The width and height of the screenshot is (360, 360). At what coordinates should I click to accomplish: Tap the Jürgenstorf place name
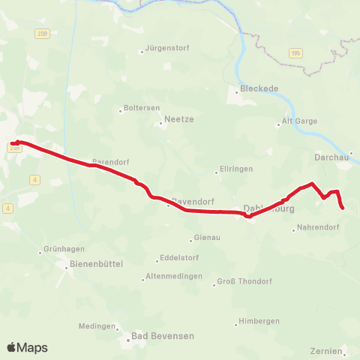(168, 48)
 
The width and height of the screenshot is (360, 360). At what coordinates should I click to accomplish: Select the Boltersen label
(142, 108)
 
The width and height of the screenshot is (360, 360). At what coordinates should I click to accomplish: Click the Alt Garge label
(299, 121)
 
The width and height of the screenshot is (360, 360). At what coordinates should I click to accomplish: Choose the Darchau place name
(331, 157)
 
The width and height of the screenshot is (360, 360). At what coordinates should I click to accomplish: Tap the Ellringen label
(235, 169)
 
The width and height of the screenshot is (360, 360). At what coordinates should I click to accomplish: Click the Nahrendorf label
(319, 227)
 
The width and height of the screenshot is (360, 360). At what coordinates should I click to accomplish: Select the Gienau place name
(207, 238)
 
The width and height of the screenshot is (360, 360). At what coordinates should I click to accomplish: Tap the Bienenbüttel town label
(95, 264)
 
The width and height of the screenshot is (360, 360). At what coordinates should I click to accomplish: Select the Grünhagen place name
(64, 250)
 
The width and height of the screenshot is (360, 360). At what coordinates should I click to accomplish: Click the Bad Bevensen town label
(163, 336)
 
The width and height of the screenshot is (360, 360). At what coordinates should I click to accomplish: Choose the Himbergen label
(259, 321)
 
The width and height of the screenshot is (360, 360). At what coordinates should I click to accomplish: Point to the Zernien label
(326, 350)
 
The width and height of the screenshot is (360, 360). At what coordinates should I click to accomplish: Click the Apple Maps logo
(28, 347)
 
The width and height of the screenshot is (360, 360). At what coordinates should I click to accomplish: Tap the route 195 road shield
(296, 52)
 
